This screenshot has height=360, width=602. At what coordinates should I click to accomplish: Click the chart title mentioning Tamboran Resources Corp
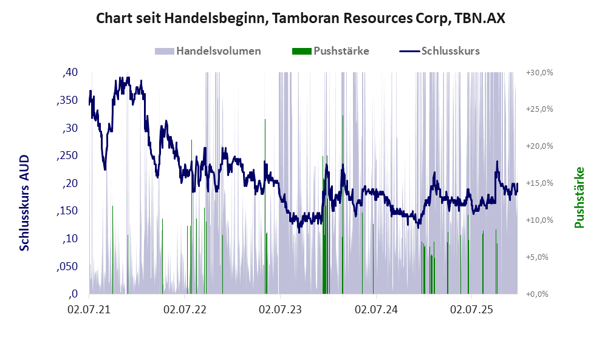(x=301, y=19)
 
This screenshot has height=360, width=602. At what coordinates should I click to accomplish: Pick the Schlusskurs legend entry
(x=450, y=51)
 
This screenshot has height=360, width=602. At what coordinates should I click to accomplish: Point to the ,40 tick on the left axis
(x=70, y=72)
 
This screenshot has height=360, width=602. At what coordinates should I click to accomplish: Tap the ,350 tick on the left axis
(x=67, y=100)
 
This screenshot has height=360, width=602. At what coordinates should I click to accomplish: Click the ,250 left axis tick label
(x=67, y=155)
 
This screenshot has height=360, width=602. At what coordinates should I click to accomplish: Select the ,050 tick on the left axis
(x=67, y=267)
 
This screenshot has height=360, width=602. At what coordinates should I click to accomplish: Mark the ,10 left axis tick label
(x=70, y=239)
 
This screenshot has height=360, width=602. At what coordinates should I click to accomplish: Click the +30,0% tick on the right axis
(x=538, y=72)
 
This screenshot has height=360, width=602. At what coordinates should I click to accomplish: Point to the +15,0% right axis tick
(x=538, y=183)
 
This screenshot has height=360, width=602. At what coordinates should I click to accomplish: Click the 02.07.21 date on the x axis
(x=89, y=310)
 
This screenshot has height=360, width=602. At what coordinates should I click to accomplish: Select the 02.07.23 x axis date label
(x=280, y=310)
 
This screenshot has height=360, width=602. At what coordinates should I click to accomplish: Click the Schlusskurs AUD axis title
(x=25, y=202)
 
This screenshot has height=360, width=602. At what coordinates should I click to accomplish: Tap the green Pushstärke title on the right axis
(x=580, y=197)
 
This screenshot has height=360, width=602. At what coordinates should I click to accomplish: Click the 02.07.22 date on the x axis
(x=185, y=310)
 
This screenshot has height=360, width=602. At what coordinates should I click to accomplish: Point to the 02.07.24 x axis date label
(x=375, y=310)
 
